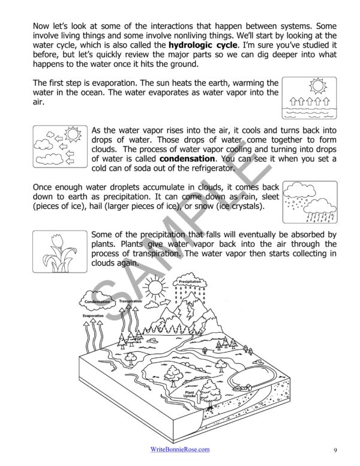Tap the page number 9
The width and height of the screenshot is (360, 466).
(335, 450)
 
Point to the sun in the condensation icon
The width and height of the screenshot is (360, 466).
(74, 134)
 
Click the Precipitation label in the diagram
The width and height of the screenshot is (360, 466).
(190, 280)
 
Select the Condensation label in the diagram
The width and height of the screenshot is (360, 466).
(97, 301)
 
